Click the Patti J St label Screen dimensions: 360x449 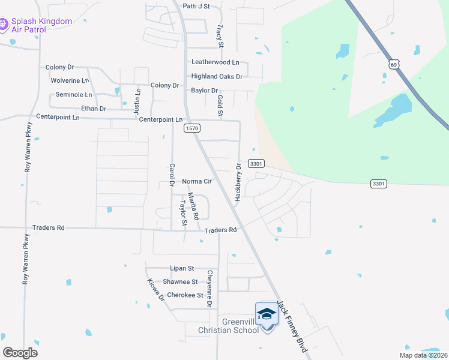[196, 7]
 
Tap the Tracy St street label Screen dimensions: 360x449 [220, 36]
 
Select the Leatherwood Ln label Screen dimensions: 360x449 [215, 62]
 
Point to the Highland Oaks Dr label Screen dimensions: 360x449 [217, 76]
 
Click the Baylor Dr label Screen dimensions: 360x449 [204, 91]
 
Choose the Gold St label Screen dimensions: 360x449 [220, 106]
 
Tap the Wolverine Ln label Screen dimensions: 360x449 [70, 80]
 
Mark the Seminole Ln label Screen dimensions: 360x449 [74, 95]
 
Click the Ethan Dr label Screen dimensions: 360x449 [94, 109]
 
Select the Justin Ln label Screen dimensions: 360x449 [137, 101]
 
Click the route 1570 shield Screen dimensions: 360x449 [192, 128]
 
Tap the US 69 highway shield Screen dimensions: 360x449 [394, 64]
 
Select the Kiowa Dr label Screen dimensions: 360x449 [156, 290]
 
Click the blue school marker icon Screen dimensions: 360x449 [267, 314]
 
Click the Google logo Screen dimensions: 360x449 [20, 353]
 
